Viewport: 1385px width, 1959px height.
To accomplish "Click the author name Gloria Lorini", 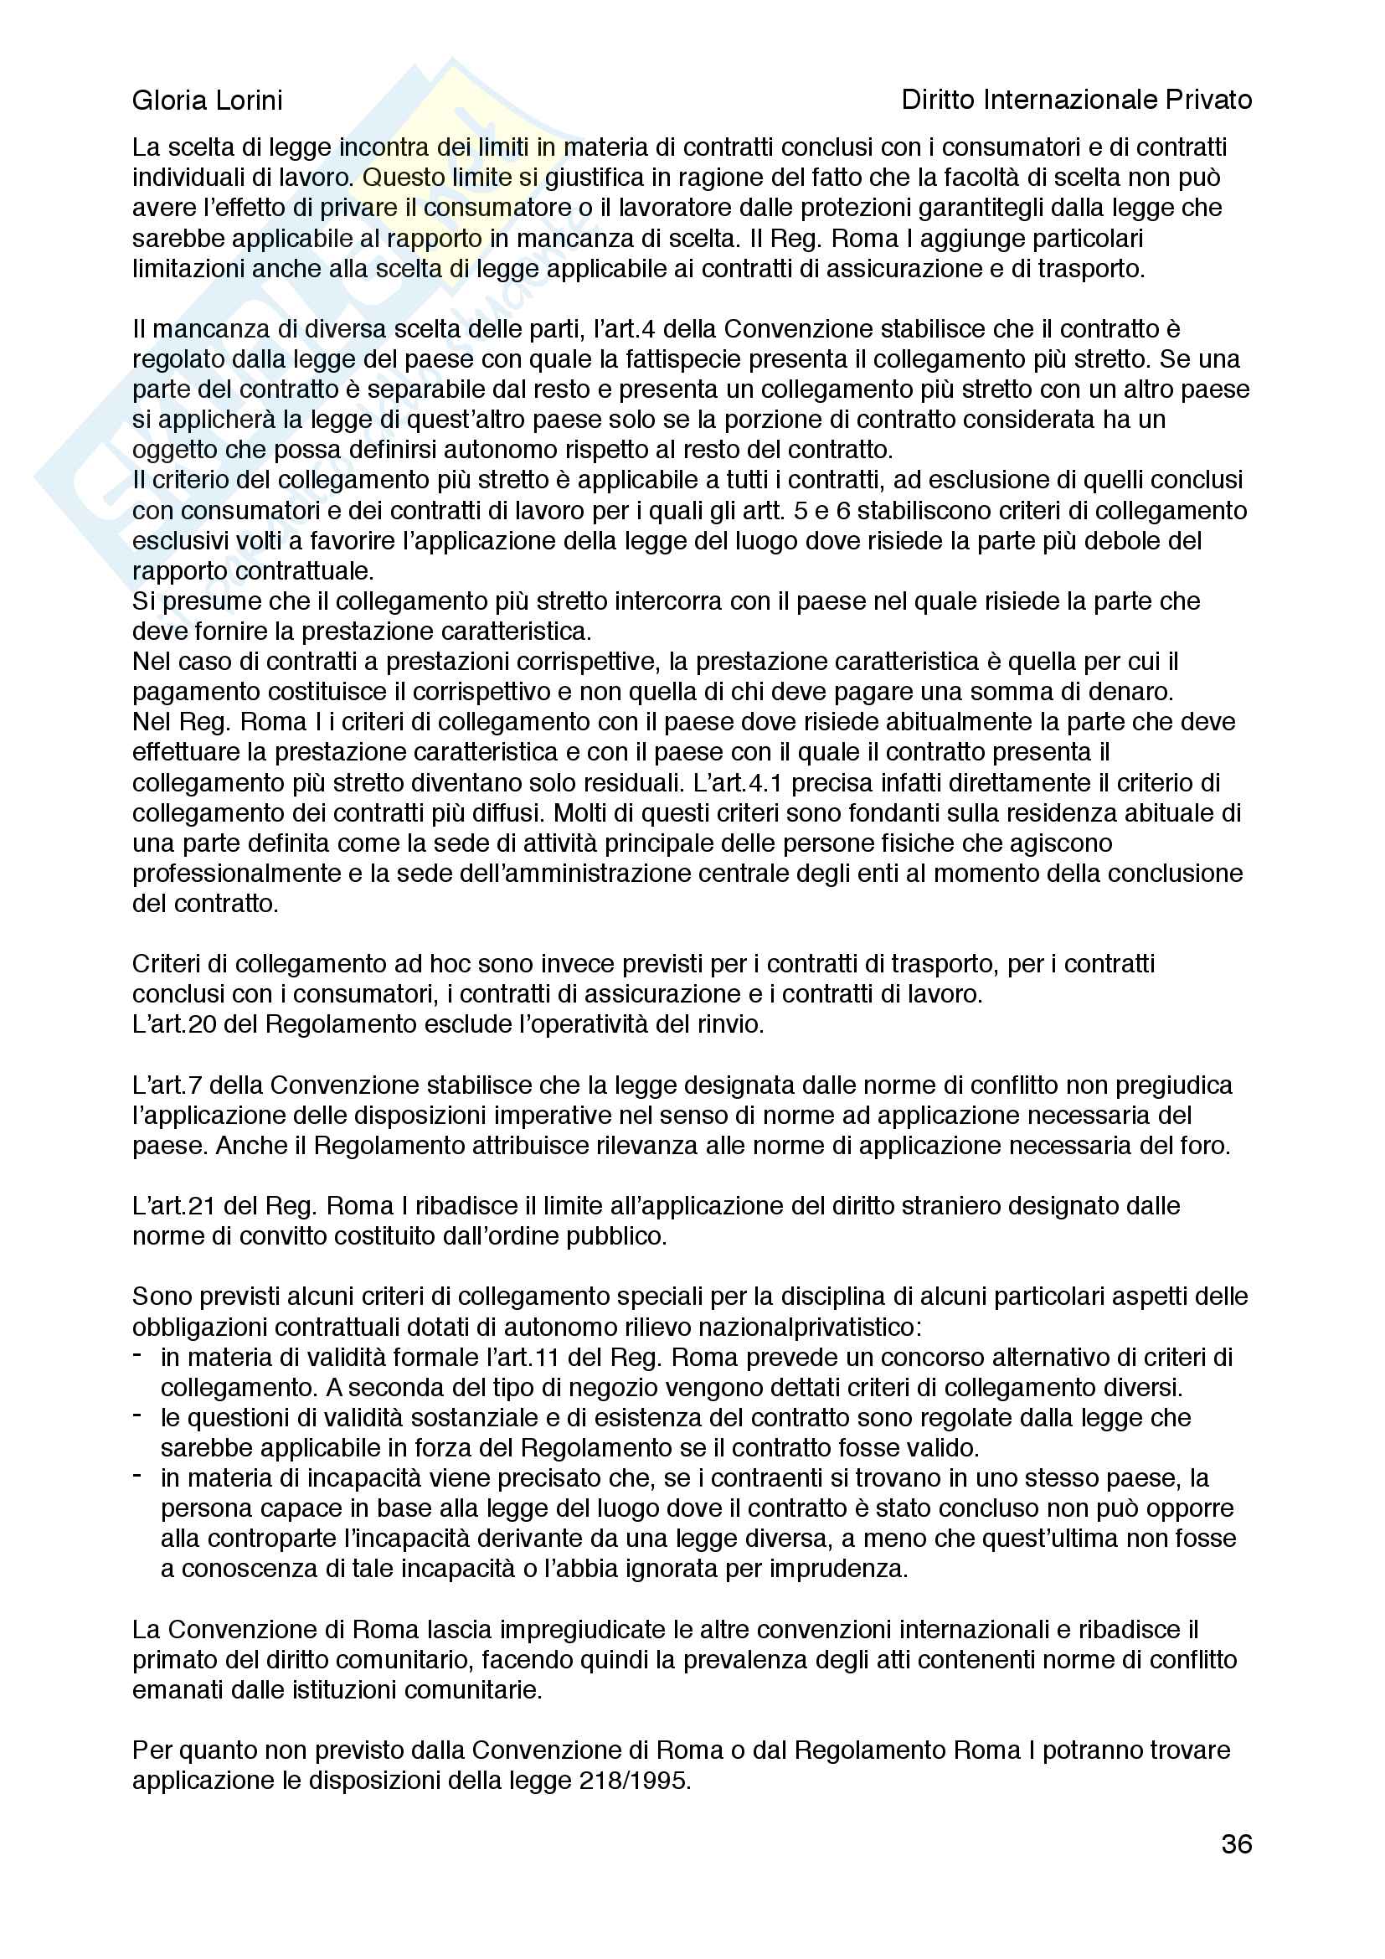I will click(x=207, y=101).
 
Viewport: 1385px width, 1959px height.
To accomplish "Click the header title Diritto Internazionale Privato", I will click(x=1076, y=101).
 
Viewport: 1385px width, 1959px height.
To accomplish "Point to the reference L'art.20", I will click(x=175, y=1023).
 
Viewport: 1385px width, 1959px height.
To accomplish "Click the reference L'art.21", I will click(x=175, y=1205).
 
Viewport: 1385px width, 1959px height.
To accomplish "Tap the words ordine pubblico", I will click(x=560, y=1235).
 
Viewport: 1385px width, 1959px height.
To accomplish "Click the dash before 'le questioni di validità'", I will click(x=137, y=1415).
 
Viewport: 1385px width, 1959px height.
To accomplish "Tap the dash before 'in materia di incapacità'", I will click(x=137, y=1476).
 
